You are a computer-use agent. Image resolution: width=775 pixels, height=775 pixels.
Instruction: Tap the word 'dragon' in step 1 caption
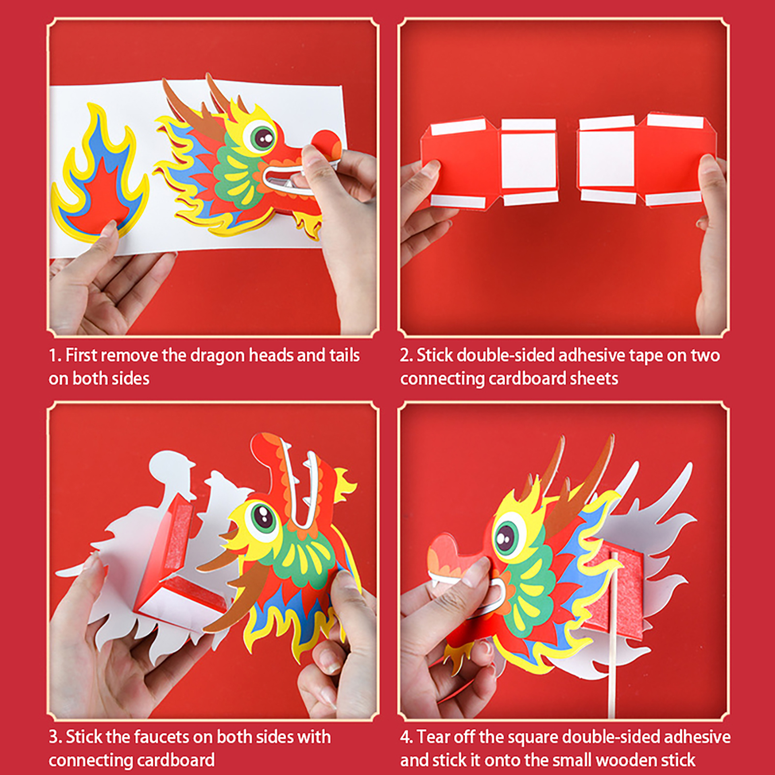click(x=217, y=356)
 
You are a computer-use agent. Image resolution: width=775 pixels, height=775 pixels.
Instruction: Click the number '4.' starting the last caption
click(x=406, y=737)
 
